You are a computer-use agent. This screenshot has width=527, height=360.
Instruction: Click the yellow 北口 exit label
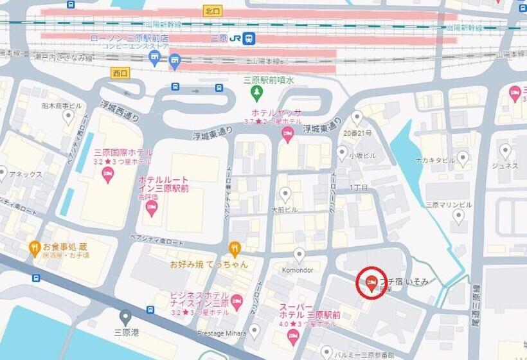click(x=212, y=11)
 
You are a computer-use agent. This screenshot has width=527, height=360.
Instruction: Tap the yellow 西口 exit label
click(x=120, y=73)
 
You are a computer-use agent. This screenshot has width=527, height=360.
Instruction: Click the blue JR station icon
click(x=249, y=38)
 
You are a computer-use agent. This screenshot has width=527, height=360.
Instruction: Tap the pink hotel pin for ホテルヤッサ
click(x=288, y=134)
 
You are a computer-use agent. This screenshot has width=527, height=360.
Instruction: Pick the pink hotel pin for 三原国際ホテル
click(x=107, y=174)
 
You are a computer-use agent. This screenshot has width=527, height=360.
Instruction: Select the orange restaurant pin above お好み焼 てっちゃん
click(x=235, y=248)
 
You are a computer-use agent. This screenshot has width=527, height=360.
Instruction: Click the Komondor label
click(x=297, y=270)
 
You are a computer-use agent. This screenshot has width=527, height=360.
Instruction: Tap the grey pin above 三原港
click(x=125, y=317)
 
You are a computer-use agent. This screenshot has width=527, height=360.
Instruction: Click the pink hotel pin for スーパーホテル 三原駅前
click(x=294, y=336)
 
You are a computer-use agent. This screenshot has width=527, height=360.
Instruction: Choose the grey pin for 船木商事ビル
click(x=68, y=116)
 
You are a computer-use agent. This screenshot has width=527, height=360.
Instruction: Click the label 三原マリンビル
click(x=449, y=204)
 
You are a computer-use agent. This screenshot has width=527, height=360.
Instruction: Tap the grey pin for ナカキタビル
click(x=463, y=157)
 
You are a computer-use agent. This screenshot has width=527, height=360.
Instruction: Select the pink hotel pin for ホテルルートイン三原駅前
click(x=152, y=206)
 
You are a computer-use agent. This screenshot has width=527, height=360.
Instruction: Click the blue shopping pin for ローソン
click(x=154, y=59)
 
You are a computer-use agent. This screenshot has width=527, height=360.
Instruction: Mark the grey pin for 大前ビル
click(x=285, y=194)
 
